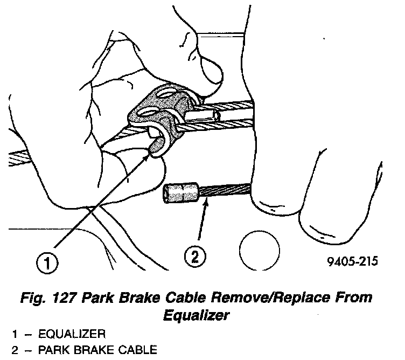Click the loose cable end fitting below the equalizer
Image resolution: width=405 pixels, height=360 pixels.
[182, 192]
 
